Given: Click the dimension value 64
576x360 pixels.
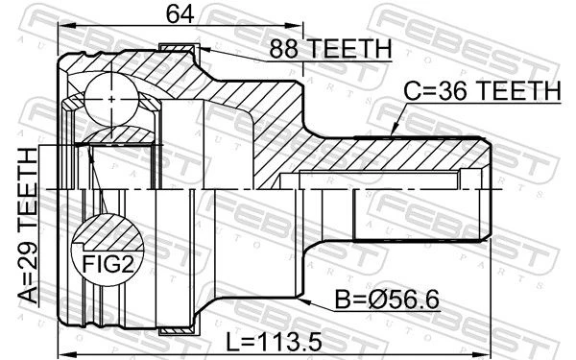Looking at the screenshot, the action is [180, 13].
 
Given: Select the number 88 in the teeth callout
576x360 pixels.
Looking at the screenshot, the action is [283, 48].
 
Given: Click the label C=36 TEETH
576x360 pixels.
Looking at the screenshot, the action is [482, 91].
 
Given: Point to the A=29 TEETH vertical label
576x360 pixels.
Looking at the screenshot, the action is [28, 226].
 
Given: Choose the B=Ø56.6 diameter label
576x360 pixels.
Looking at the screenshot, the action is [387, 300].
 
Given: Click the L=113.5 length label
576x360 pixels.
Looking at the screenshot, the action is [274, 342].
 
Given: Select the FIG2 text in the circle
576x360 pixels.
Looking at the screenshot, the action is [108, 264].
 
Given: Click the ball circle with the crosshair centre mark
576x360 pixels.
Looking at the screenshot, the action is [111, 99].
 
